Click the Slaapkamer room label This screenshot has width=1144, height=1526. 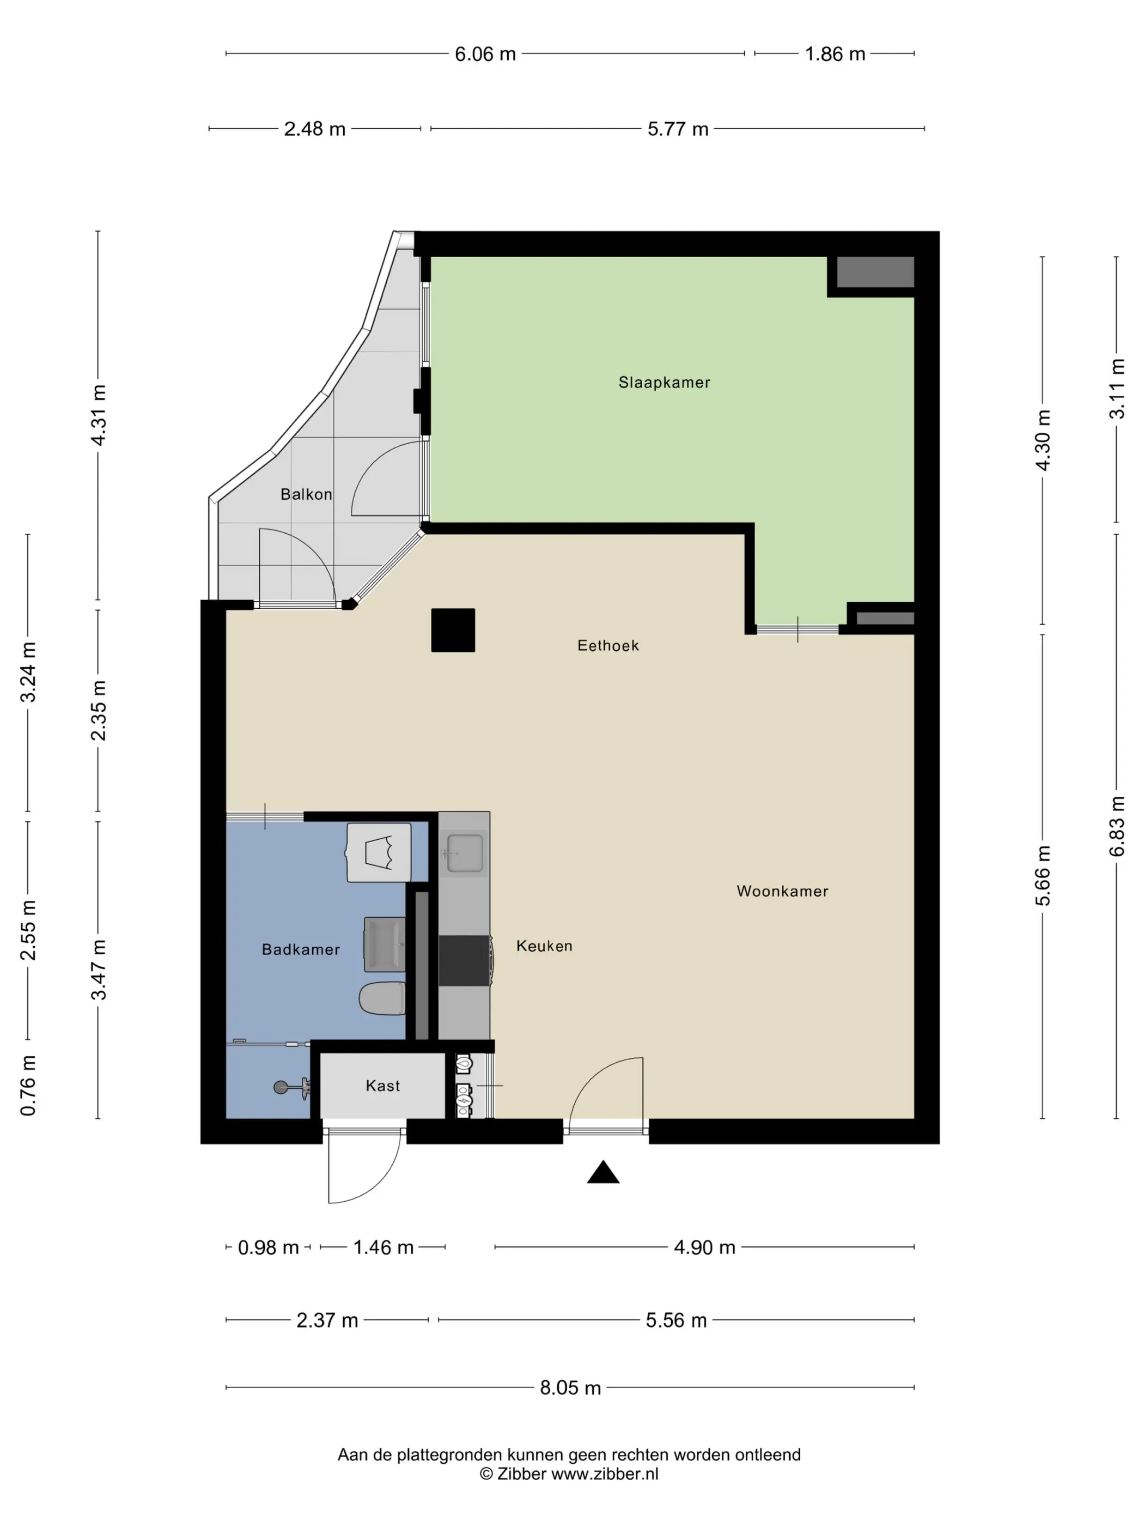664,382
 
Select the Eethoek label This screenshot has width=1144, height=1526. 608,646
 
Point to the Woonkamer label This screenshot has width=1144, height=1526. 782,891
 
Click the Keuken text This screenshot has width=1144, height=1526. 544,946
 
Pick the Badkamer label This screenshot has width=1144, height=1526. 301,949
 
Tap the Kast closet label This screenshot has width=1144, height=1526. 383,1085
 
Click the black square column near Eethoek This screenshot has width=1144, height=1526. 453,630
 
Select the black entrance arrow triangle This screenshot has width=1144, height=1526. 603,1172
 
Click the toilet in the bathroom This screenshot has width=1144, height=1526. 382,999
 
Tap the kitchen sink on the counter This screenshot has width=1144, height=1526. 464,853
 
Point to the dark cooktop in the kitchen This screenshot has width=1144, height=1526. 465,960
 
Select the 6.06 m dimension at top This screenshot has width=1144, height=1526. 485,54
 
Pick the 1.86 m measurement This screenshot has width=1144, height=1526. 835,54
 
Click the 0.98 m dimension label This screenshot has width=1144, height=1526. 268,1248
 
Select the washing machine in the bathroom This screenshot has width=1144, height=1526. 379,852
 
